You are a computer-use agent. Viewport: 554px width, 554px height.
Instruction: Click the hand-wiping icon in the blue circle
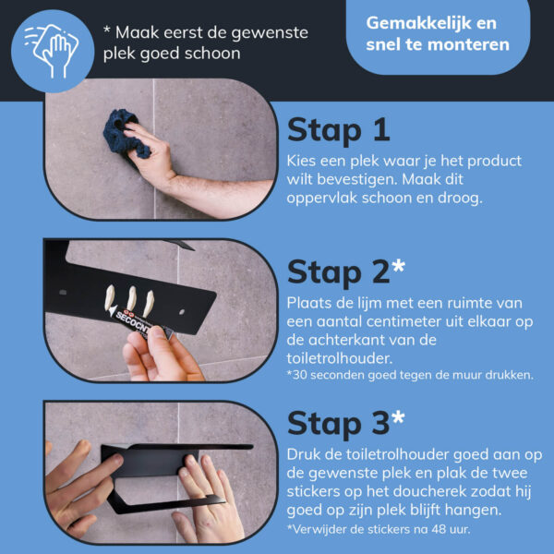click(52, 50)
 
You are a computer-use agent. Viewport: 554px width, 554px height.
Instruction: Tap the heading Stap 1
click(339, 130)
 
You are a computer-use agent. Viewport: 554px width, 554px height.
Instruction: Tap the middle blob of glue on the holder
click(131, 297)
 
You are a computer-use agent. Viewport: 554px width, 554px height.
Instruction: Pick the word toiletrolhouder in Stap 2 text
click(340, 358)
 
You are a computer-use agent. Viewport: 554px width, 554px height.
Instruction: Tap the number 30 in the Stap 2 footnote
click(299, 375)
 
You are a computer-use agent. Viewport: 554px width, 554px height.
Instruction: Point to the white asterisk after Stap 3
click(399, 416)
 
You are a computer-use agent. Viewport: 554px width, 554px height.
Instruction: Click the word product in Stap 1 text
click(494, 162)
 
